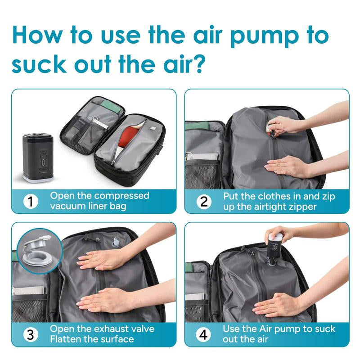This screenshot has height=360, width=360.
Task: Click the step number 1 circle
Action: [x=30, y=202]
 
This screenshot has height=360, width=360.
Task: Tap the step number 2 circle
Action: [x=204, y=202]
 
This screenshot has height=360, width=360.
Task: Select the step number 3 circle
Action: [x=30, y=334]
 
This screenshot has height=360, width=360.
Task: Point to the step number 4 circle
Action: [x=204, y=334]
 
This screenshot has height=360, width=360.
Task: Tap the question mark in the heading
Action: [x=198, y=64]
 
